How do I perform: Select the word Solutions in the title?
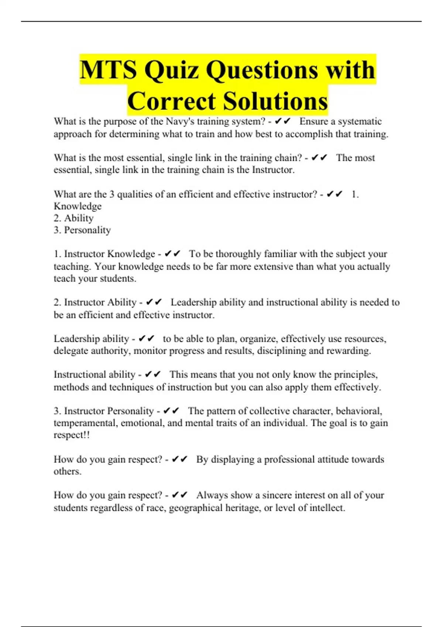pos(275,101)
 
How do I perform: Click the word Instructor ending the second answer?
pos(273,170)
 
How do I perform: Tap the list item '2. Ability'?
pos(73,218)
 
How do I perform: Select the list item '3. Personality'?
pos(82,230)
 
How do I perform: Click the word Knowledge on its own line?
pos(78,206)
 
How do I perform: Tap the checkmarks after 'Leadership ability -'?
pos(147,339)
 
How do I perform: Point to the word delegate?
pos(71,351)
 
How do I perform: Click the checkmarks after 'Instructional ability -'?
pos(153,375)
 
